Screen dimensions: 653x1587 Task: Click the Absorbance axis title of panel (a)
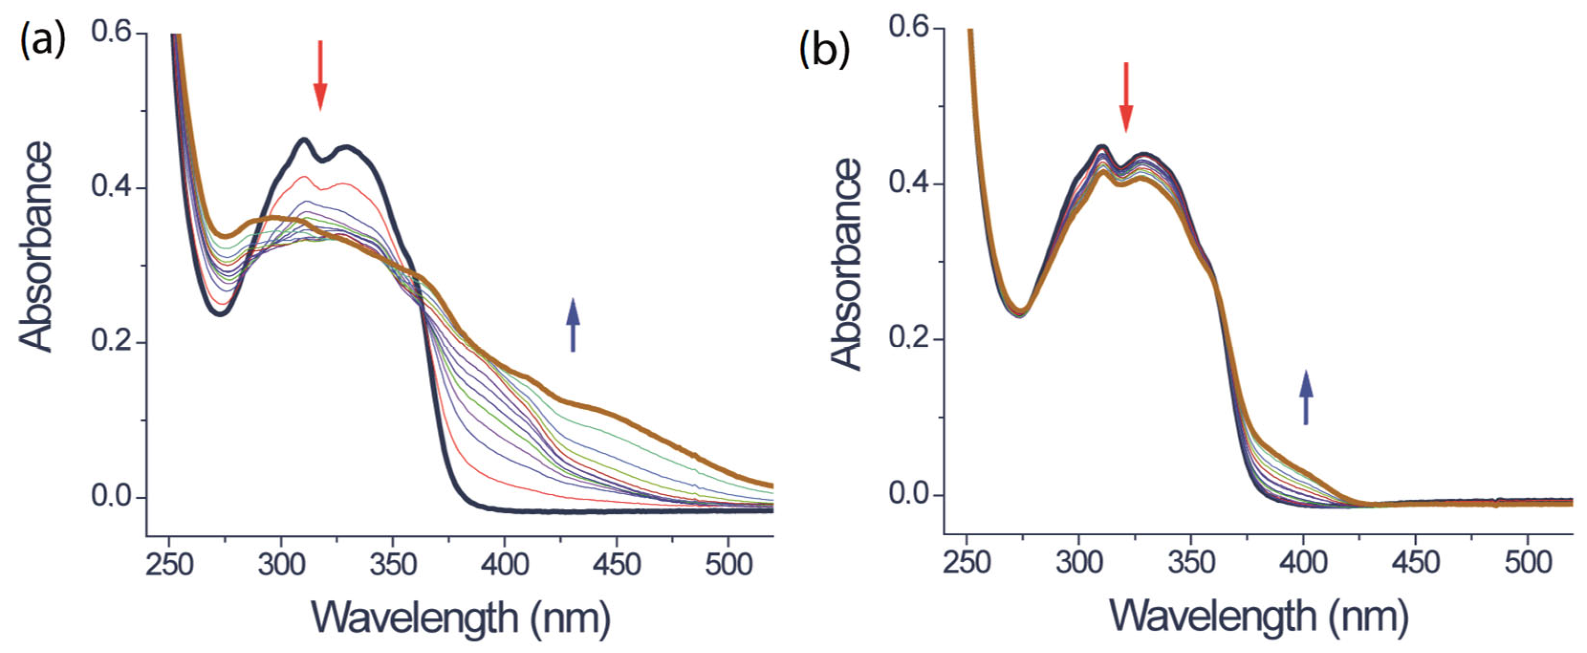(36, 246)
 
